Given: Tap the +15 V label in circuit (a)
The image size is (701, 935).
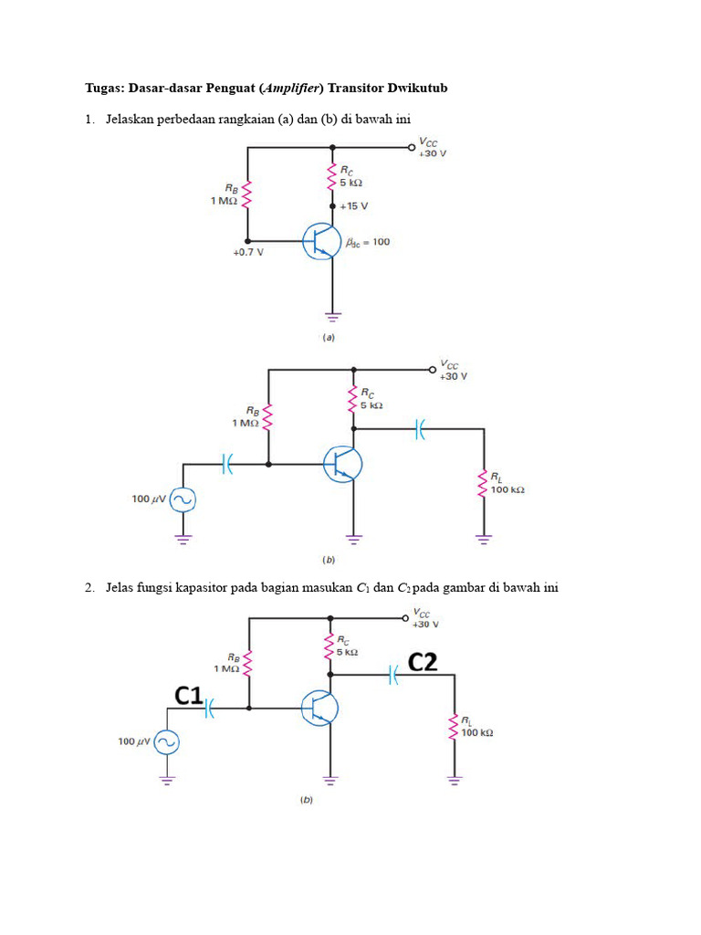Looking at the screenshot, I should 354,207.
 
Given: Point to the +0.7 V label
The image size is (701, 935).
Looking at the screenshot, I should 247,253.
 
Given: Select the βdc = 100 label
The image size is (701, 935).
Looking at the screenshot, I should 368,242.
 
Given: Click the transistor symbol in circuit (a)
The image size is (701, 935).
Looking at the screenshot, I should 322,241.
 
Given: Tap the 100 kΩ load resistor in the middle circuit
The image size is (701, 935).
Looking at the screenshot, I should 483,483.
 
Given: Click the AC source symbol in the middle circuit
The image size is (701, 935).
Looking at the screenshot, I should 183,499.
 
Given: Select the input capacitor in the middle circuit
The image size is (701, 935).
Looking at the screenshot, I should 227,464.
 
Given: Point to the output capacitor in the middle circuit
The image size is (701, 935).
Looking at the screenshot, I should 420,428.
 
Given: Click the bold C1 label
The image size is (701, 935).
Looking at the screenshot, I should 189,696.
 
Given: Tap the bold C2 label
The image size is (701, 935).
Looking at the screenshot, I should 422,663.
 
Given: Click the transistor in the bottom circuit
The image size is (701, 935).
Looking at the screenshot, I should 320,708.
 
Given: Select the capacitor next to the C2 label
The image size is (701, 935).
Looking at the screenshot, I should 394,675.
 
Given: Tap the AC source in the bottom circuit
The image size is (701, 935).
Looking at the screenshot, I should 166,741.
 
